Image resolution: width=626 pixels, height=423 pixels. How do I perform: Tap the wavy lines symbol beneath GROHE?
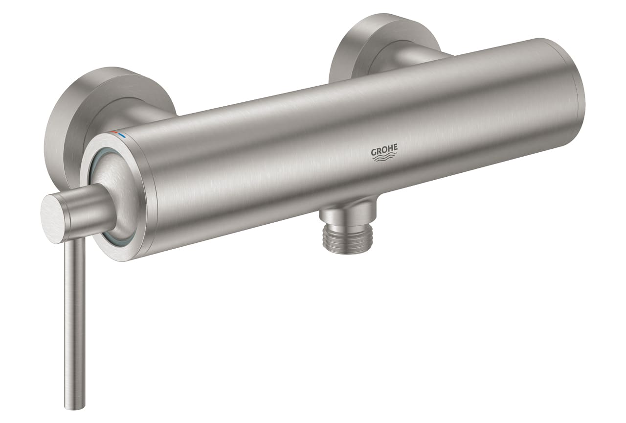[x=384, y=157]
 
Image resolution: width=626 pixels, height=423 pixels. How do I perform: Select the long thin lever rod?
[x=74, y=318]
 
